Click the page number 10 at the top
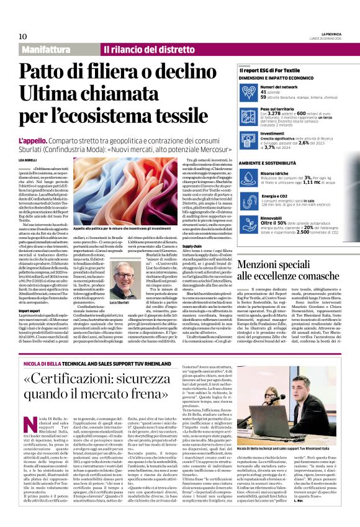coord(23,37)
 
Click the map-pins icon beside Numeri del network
coord(248,92)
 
